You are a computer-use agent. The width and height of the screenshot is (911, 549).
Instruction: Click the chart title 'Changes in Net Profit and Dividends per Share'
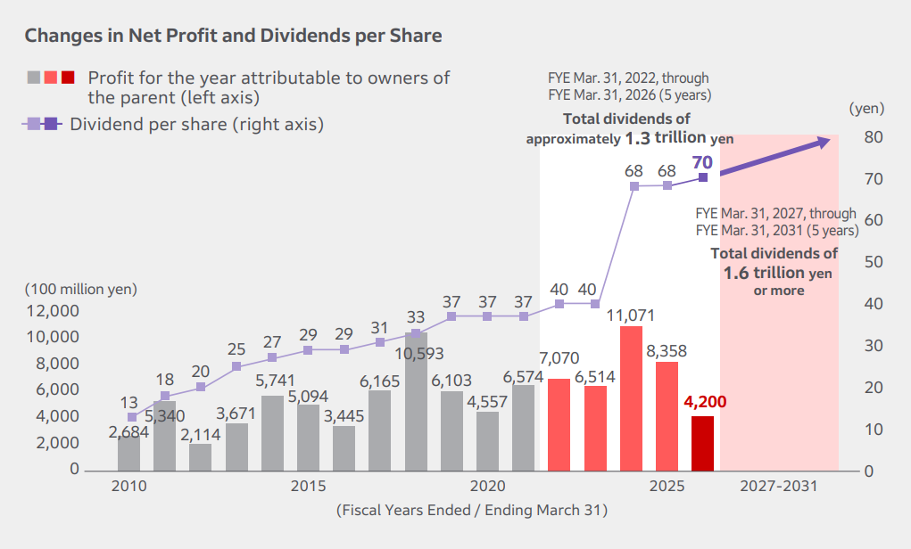tap(233, 36)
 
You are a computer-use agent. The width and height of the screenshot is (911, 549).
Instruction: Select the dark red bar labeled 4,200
tap(702, 443)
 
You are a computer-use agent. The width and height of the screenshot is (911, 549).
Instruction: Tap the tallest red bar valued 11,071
tap(631, 398)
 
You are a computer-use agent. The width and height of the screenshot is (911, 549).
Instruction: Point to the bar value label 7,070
tap(559, 358)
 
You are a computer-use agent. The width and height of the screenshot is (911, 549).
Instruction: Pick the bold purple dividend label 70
tap(701, 162)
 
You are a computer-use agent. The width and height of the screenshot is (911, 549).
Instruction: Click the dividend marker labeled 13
tap(132, 417)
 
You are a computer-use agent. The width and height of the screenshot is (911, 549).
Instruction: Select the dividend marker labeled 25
tap(236, 366)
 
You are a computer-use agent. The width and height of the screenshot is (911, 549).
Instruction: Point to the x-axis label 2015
tap(308, 487)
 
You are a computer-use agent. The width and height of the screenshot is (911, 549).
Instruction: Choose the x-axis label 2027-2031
tap(778, 487)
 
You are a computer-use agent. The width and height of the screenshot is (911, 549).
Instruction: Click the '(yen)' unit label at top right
tap(865, 109)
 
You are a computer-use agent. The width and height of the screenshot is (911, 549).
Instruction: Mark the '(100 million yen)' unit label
tap(81, 289)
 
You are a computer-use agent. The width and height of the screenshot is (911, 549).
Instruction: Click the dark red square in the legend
tap(68, 78)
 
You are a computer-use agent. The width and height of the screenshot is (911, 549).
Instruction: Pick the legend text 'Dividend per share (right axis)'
tap(196, 124)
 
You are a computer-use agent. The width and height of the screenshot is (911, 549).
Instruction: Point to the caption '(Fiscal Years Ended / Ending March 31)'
tap(472, 511)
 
